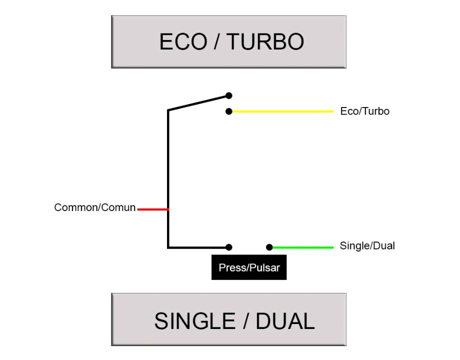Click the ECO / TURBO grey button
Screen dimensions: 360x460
point(228,41)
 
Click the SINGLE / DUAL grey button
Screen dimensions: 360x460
point(228,319)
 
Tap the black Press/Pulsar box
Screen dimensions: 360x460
point(249,267)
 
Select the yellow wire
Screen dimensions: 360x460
point(282,111)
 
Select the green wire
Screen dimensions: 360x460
point(302,247)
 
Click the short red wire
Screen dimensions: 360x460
point(152,209)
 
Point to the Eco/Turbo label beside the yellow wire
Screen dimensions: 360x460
point(364,111)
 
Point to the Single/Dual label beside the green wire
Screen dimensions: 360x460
point(367,245)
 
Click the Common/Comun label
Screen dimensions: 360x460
point(95,207)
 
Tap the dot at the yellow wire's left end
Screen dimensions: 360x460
point(229,111)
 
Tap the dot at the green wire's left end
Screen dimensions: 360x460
point(269,247)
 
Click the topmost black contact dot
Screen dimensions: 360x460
point(229,95)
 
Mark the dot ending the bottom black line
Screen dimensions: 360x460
point(229,247)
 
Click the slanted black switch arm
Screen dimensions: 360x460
point(197,102)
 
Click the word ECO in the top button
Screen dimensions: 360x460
point(182,41)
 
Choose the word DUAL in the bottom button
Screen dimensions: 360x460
point(285,320)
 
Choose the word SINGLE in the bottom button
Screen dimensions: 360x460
point(194,320)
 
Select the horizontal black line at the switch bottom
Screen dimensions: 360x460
point(197,247)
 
